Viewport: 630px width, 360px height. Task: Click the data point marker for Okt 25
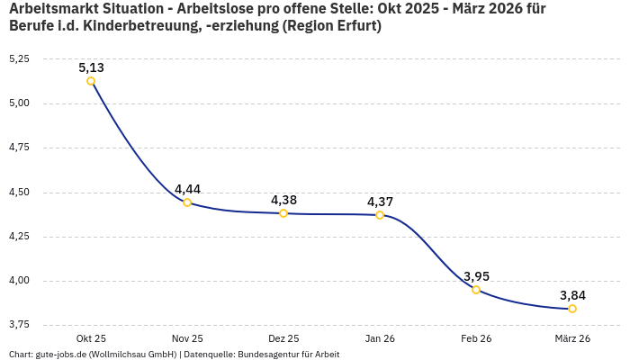pyautogui.click(x=91, y=81)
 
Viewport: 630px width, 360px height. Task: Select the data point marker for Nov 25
pyautogui.click(x=187, y=202)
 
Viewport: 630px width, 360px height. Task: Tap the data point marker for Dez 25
pyautogui.click(x=283, y=213)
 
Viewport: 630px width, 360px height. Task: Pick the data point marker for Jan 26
pyautogui.click(x=380, y=215)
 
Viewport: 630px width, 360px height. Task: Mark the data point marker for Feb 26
pyautogui.click(x=476, y=290)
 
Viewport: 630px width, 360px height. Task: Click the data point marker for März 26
pyautogui.click(x=572, y=309)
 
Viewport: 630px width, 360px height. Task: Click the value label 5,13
pyautogui.click(x=91, y=67)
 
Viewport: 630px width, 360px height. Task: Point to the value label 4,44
pyautogui.click(x=187, y=189)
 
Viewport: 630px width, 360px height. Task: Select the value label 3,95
pyautogui.click(x=476, y=276)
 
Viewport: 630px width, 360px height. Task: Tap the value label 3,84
pyautogui.click(x=572, y=295)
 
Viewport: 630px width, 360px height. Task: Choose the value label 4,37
pyautogui.click(x=380, y=202)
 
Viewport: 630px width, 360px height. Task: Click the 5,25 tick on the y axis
pyautogui.click(x=19, y=58)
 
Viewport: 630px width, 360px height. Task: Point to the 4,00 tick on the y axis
pyautogui.click(x=19, y=281)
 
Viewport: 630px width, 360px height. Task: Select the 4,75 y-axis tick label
pyautogui.click(x=19, y=148)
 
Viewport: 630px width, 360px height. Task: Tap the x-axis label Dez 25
pyautogui.click(x=283, y=338)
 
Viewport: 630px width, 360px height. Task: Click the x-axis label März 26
pyautogui.click(x=572, y=338)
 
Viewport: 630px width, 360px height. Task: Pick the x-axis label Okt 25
pyautogui.click(x=91, y=338)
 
